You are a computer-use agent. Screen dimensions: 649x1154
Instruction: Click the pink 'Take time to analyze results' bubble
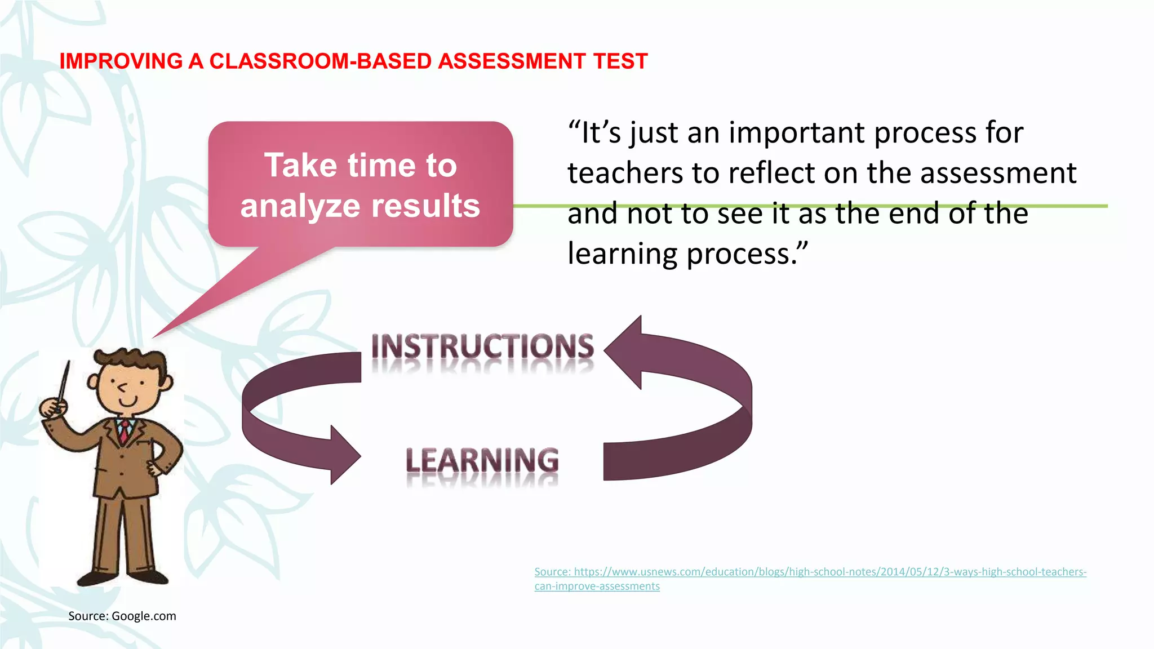tap(361, 184)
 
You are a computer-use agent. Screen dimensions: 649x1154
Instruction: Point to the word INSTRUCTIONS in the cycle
tap(482, 347)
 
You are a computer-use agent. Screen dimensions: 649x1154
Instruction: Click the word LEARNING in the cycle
tap(482, 461)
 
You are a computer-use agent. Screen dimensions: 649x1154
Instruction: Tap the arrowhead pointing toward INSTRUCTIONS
tap(625, 352)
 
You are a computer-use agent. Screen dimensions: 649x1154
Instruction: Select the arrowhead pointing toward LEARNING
tap(343, 455)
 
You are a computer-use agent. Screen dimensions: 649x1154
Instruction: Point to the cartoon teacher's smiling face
tap(128, 389)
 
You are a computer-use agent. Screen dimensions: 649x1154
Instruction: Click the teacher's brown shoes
tap(124, 577)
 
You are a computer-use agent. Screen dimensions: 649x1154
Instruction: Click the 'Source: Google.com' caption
tap(122, 616)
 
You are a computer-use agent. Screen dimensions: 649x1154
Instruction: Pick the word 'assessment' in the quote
tap(998, 174)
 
